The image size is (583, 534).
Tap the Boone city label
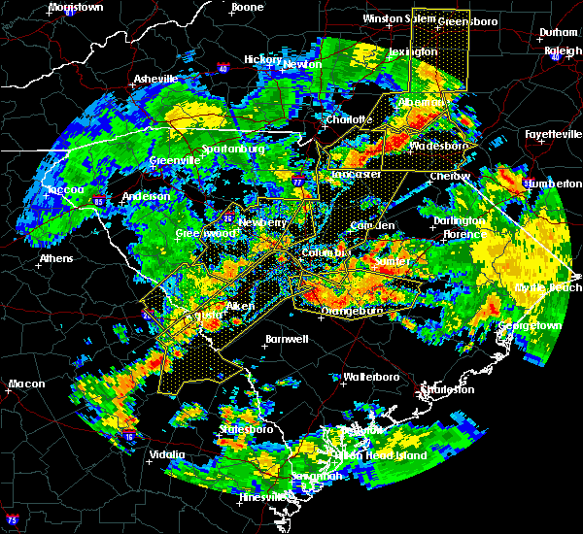(x=247, y=7)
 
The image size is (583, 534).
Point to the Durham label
(x=559, y=32)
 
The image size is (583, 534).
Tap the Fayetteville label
(x=552, y=134)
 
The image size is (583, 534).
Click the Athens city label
(x=57, y=258)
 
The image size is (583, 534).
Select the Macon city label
(x=26, y=384)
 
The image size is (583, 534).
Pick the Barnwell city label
(x=287, y=339)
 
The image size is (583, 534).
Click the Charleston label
(x=446, y=389)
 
